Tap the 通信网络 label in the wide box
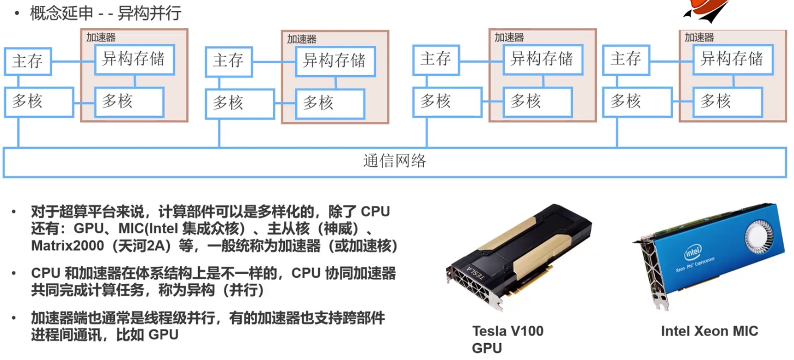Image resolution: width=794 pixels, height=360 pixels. (395, 161)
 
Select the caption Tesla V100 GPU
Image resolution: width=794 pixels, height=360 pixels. (508, 339)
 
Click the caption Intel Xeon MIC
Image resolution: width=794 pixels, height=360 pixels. (709, 331)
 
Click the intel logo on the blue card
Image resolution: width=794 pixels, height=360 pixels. (693, 254)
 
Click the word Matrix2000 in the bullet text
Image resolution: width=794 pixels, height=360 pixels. (68, 246)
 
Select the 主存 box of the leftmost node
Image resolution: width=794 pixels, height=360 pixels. (28, 61)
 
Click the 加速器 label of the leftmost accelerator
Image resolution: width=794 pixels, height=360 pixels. (101, 37)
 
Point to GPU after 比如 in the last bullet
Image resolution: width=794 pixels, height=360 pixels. (163, 334)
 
